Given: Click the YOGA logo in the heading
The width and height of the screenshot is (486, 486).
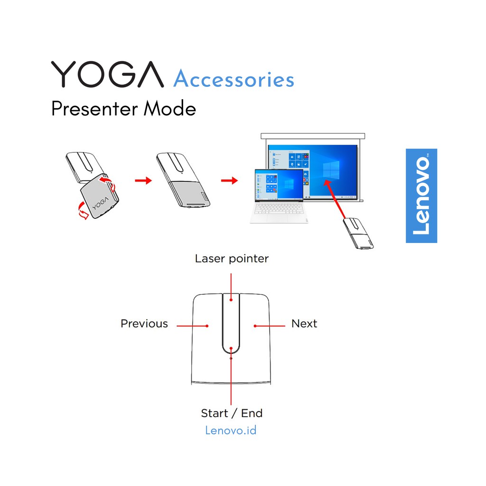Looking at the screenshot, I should tap(107, 75).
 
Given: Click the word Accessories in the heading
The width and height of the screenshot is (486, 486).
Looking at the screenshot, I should tap(234, 79).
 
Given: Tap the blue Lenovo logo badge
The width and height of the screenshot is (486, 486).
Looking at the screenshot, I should tap(421, 196).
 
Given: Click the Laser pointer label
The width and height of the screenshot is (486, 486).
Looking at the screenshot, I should tap(232, 259).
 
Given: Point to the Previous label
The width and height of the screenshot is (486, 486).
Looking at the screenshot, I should tap(144, 324).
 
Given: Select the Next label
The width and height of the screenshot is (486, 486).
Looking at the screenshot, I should tap(304, 324).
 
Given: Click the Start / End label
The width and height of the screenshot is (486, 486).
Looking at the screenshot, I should tap(232, 413).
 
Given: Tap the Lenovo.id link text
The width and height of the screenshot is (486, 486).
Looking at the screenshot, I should tap(231, 430).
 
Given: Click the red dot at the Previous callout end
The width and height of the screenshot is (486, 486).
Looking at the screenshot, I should tap(207, 326).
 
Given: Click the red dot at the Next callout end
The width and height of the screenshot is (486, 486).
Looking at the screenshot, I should tap(255, 326).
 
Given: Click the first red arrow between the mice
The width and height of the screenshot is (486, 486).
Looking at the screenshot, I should tap(143, 180).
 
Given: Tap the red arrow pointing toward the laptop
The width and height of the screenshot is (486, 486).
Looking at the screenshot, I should tap(229, 180).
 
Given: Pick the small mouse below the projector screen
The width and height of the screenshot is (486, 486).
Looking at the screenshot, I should tap(359, 233).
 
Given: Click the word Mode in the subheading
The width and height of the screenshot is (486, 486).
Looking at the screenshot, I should tap(170, 109).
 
